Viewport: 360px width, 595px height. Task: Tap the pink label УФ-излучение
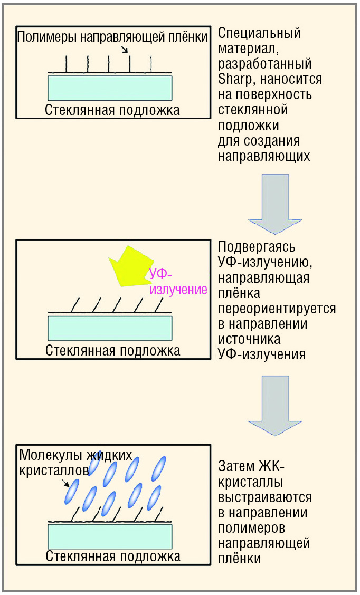pyautogui.click(x=178, y=282)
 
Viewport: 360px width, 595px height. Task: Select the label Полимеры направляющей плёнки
pyautogui.click(x=113, y=37)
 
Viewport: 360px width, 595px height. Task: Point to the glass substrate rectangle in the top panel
pyautogui.click(x=110, y=88)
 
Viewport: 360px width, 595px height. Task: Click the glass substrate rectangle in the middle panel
pyautogui.click(x=110, y=328)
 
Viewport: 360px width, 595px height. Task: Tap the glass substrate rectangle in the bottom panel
pyautogui.click(x=110, y=536)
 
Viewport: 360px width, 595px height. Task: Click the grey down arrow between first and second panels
pyautogui.click(x=275, y=204)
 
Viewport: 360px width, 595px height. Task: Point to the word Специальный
pyautogui.click(x=259, y=33)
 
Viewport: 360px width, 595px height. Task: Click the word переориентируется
pyautogui.click(x=277, y=308)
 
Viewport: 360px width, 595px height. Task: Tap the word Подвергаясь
pyautogui.click(x=257, y=247)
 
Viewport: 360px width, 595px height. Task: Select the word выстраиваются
pyautogui.click(x=264, y=497)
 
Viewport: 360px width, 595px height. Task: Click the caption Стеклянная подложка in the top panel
pyautogui.click(x=112, y=110)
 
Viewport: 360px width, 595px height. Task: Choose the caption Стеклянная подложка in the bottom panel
pyautogui.click(x=113, y=556)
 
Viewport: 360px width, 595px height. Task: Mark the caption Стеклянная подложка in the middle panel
pyautogui.click(x=113, y=350)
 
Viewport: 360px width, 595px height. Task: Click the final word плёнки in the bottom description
pyautogui.click(x=240, y=558)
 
